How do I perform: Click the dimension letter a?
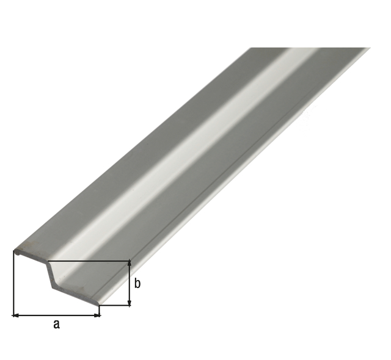56,325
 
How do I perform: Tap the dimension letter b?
137,284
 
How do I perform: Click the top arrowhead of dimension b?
130,264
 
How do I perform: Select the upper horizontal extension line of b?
92,261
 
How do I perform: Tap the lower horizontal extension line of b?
116,306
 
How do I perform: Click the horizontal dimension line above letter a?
56,315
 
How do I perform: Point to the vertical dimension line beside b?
130,284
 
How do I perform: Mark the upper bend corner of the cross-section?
48,261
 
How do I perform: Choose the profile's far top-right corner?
369,48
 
